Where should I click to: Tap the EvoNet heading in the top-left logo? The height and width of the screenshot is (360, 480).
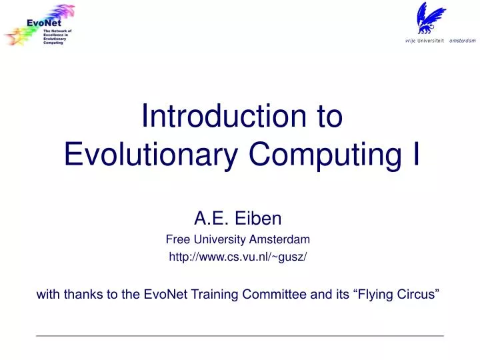(45, 23)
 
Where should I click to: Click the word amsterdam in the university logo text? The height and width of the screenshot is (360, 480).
(462, 40)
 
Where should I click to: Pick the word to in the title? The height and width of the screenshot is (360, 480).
(327, 116)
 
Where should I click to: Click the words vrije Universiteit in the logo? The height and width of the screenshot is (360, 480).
(425, 40)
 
